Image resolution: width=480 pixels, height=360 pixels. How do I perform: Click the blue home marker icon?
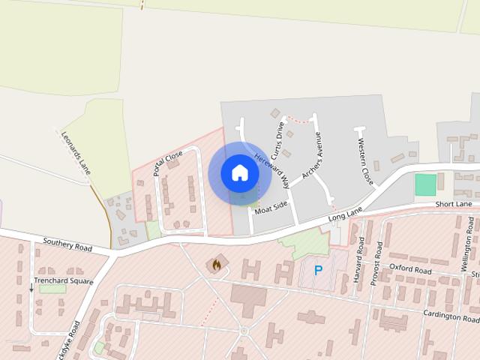240,173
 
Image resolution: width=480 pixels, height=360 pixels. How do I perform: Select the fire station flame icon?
217,265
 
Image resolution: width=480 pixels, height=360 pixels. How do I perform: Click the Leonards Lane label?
75,152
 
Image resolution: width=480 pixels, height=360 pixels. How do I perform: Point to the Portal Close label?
167,163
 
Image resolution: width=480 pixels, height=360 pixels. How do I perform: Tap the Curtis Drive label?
278,140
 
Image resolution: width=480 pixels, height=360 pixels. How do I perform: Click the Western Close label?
365,161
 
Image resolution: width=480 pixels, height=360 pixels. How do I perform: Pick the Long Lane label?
345,214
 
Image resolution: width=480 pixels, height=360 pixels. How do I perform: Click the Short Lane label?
454,204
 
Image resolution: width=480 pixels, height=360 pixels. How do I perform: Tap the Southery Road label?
67,244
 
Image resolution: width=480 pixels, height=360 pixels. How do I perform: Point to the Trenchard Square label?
62,281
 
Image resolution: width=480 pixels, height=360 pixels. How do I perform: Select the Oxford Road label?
412,269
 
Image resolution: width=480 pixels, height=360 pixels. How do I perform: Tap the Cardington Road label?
451,316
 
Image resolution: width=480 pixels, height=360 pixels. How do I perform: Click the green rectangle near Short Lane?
425,184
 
